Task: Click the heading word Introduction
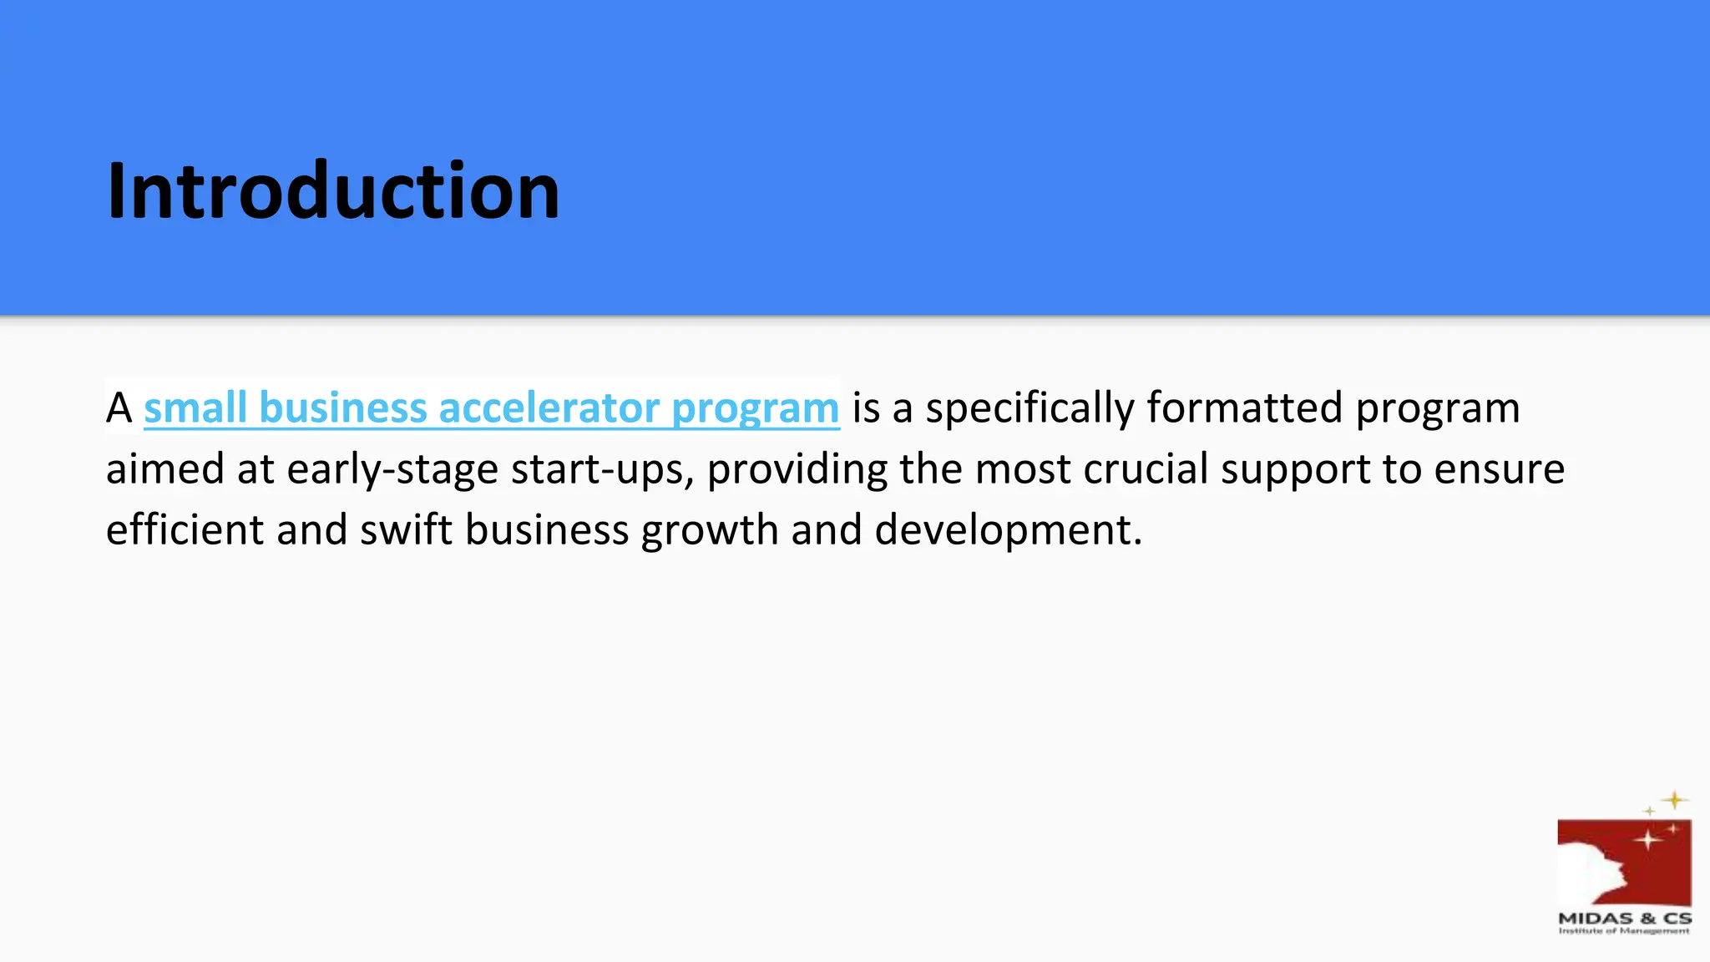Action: [x=333, y=191]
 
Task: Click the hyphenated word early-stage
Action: [x=392, y=468]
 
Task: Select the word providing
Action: [x=797, y=468]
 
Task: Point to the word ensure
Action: [x=1499, y=468]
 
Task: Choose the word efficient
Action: [x=185, y=529]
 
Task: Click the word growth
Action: [x=710, y=531]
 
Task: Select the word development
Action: [x=1008, y=529]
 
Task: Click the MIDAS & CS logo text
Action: [x=1624, y=918]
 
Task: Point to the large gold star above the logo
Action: [x=1674, y=801]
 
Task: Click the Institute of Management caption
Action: [x=1624, y=930]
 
